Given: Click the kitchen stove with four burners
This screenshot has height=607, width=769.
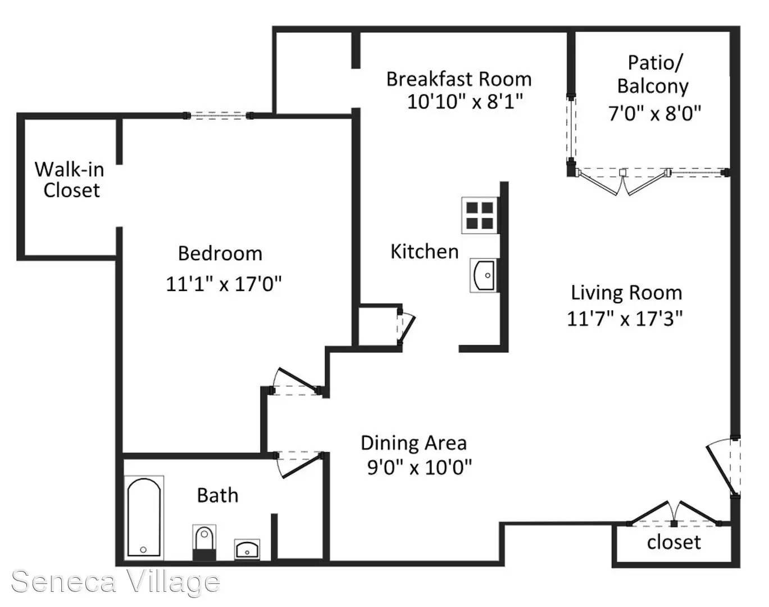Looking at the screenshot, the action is (480, 215).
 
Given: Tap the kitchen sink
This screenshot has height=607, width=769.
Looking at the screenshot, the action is (484, 275).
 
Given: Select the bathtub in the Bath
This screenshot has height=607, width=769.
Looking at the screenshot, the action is (144, 518).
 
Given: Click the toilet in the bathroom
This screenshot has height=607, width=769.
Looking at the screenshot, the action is (204, 542).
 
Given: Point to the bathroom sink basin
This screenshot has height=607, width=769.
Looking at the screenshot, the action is (247, 550).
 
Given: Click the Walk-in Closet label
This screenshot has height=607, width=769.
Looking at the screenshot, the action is (70, 179).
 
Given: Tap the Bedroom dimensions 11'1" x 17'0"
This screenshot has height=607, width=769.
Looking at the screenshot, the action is (224, 284).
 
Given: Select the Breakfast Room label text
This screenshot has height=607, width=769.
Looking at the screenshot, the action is (459, 79).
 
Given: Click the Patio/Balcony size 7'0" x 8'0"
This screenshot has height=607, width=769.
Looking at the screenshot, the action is (654, 114).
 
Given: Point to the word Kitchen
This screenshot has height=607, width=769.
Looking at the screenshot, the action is (425, 251).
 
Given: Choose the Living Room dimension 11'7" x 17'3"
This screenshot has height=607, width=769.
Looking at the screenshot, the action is (625, 318).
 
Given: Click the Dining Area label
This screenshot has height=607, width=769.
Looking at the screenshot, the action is (414, 443).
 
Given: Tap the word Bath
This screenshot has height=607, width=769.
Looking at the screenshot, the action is (217, 495).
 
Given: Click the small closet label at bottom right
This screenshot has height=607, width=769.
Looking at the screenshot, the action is (674, 542).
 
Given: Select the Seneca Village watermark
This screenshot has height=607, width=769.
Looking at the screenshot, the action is (115, 582).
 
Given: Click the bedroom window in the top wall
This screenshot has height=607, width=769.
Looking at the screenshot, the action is (219, 116).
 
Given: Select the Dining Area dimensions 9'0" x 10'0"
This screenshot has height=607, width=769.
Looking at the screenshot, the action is (420, 467).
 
